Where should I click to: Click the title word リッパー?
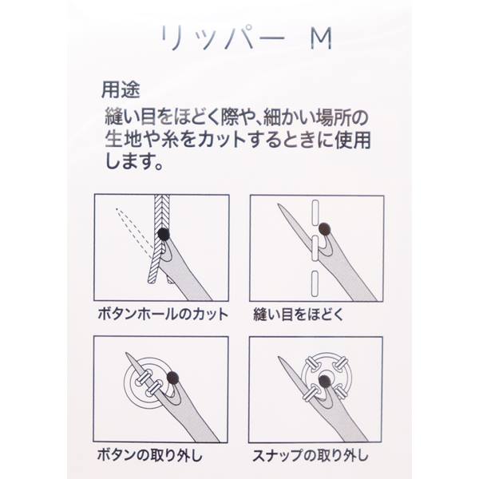223,38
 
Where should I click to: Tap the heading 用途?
121,90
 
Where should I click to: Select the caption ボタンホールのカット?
163,315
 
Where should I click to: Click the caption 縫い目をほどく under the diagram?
299,315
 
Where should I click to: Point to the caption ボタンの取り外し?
150,455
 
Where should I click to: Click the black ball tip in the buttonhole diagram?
164,234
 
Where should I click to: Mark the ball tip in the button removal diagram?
173,378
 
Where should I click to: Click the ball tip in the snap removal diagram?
324,381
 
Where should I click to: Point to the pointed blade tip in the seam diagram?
279,204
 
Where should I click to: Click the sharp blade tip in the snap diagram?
279,358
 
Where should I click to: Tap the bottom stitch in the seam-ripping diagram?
315,284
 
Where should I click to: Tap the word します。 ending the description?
133,161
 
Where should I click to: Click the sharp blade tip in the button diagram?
127,354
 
